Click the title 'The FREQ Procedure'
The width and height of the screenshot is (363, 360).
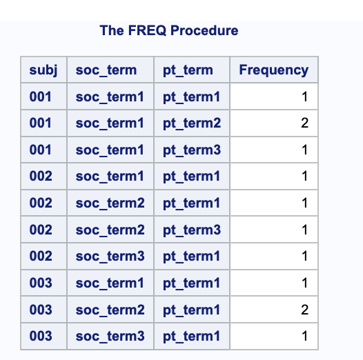click(x=169, y=30)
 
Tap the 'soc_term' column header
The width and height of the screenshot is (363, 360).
click(x=106, y=70)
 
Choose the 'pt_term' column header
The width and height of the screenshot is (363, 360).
click(x=188, y=70)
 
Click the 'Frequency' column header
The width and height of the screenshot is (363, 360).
click(x=273, y=70)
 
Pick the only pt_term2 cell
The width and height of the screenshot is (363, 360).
click(x=191, y=123)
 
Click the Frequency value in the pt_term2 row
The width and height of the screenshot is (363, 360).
click(x=304, y=123)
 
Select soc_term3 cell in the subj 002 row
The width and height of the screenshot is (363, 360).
click(x=110, y=256)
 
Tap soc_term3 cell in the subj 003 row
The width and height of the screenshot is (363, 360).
click(x=110, y=336)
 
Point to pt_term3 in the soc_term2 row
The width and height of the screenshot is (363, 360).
click(x=191, y=230)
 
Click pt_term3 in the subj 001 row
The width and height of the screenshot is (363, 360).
click(x=191, y=150)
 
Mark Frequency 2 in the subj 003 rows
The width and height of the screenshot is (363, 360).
click(x=304, y=310)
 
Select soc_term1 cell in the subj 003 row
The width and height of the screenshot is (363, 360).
click(x=110, y=283)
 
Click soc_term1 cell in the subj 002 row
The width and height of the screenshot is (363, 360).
click(x=110, y=177)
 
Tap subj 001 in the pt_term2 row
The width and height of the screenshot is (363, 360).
click(x=41, y=123)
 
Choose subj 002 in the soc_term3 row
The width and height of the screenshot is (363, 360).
click(x=41, y=256)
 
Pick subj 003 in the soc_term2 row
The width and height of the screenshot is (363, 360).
click(x=41, y=310)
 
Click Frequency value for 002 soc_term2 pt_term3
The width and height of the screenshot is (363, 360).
click(x=304, y=230)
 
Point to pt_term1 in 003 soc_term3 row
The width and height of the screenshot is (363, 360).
click(x=191, y=336)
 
